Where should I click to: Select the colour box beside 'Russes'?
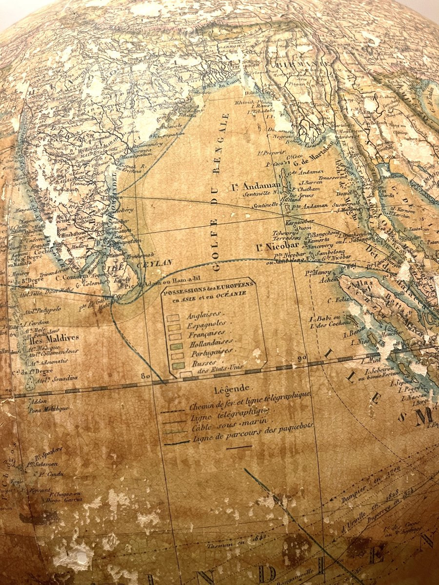178,365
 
